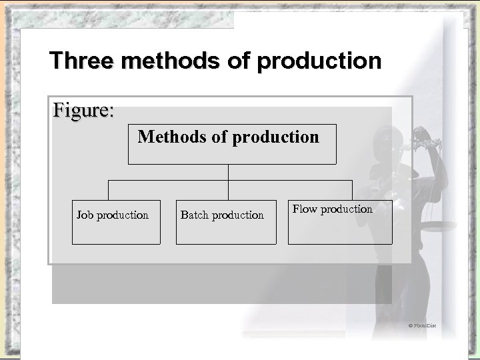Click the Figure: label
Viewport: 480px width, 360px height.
click(x=83, y=109)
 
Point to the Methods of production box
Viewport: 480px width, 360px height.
click(x=232, y=143)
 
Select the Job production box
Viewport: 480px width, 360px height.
click(x=116, y=222)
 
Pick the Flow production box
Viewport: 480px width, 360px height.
click(x=340, y=222)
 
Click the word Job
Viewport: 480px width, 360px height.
click(x=84, y=215)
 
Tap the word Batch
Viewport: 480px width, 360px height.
click(x=195, y=215)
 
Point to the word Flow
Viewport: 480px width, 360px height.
click(x=305, y=209)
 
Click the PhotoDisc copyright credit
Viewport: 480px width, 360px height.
click(x=421, y=325)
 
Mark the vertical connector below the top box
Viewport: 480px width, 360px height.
click(x=229, y=172)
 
